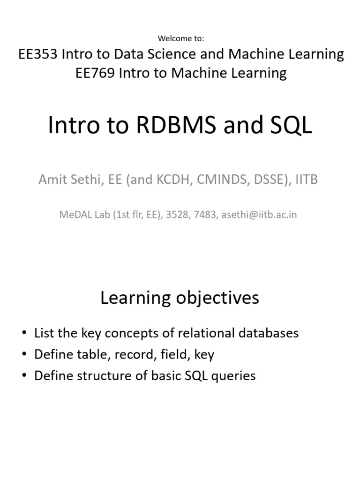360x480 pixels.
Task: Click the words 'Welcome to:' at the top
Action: click(x=181, y=38)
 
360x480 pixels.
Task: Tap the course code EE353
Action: click(x=37, y=54)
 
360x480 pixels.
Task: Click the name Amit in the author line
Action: click(x=53, y=180)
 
